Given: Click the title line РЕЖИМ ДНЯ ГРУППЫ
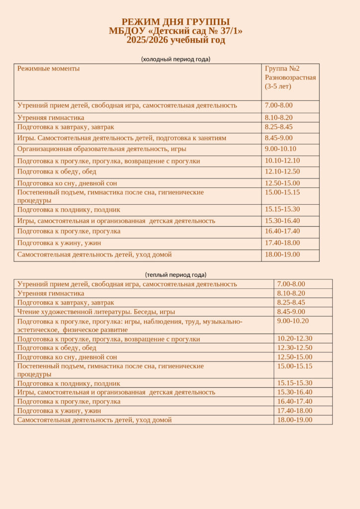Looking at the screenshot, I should point(176,22).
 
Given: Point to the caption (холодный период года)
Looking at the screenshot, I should point(176,59).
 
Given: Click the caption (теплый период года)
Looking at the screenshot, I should point(176,274).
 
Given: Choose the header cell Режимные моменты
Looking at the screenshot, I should point(48,69).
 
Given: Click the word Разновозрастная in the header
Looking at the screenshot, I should point(290,78).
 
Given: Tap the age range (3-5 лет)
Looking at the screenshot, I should point(278,86).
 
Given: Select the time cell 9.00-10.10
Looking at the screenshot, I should point(280,149).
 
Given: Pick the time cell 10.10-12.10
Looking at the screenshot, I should point(282,161).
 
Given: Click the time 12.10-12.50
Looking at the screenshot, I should point(282,171).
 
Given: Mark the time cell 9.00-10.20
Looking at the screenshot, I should point(293,321).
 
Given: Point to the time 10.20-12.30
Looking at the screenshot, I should point(295,339).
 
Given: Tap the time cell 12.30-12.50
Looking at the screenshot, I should point(295,347).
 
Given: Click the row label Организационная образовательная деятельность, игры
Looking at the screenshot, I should point(102,149).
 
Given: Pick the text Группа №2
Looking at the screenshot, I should point(282,69).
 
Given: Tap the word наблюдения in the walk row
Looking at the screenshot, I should point(159,322).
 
